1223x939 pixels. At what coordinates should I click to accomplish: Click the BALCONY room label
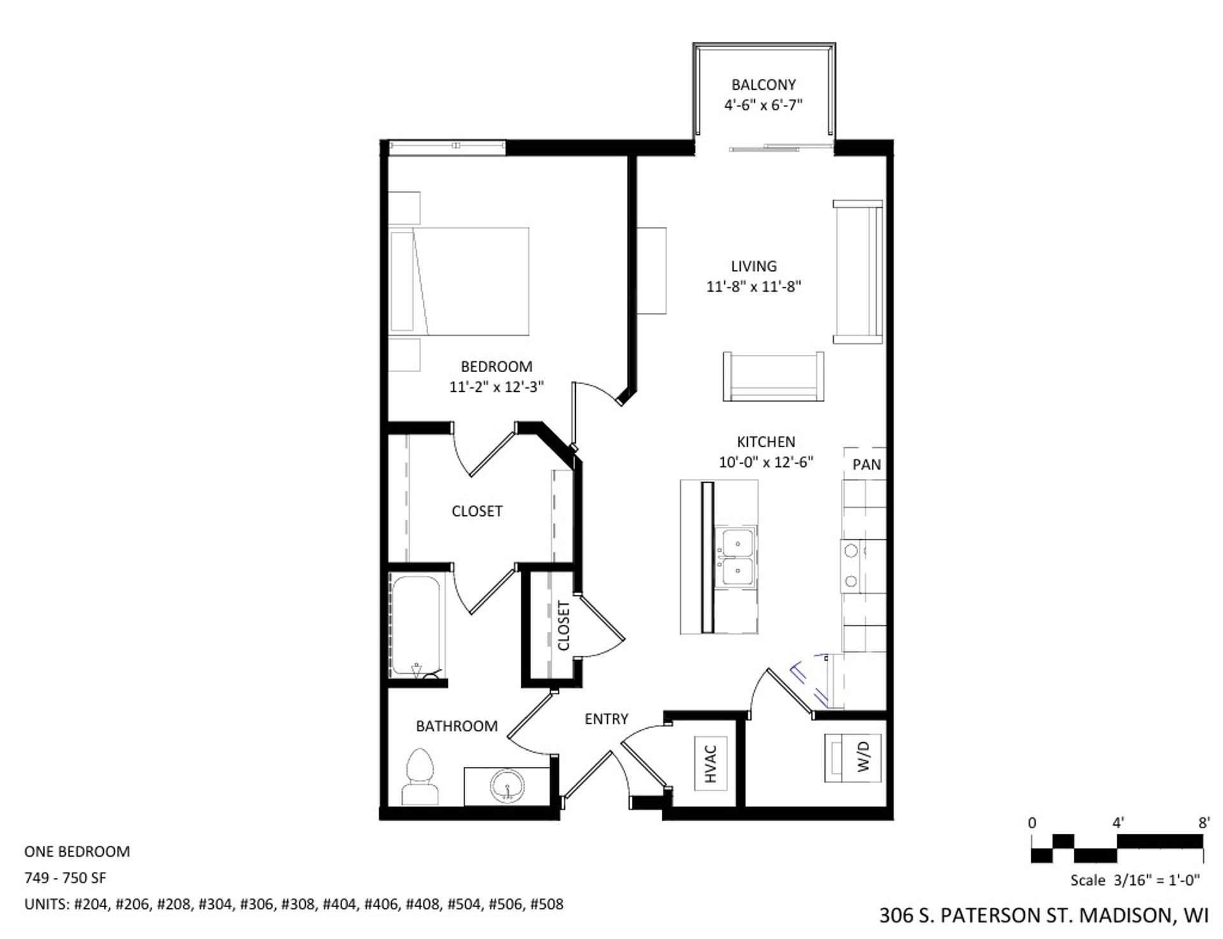(x=763, y=85)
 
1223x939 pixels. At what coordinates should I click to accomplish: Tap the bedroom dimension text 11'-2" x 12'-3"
(x=496, y=387)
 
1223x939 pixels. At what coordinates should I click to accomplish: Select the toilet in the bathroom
(x=420, y=778)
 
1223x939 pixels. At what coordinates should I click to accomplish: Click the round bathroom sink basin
(x=507, y=787)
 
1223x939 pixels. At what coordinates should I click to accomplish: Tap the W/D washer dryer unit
(x=854, y=758)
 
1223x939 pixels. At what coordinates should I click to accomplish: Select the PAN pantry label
(x=866, y=465)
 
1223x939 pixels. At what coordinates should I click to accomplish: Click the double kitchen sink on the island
(x=736, y=557)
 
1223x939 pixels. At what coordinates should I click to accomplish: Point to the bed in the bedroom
(x=459, y=281)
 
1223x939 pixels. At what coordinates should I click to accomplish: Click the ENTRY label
(x=606, y=719)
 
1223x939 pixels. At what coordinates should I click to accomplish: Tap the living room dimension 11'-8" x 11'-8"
(x=754, y=287)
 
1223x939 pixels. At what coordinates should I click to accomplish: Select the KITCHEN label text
(x=766, y=441)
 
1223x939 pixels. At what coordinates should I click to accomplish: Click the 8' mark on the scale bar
(x=1203, y=823)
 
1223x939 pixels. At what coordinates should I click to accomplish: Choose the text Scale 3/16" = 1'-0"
(x=1135, y=880)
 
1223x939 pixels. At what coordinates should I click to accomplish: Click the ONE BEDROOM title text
(x=77, y=852)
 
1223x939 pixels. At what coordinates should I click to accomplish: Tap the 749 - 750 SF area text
(x=65, y=878)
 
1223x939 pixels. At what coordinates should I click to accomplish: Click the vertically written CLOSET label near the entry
(x=563, y=626)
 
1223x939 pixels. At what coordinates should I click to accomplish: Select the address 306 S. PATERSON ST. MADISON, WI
(x=1043, y=916)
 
